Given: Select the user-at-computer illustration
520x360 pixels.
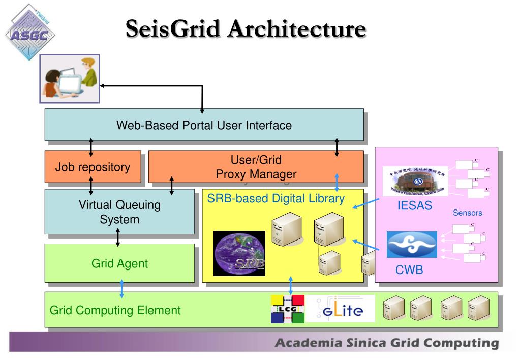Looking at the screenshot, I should point(70,78).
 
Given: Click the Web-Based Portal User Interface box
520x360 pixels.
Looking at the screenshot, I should point(204,125).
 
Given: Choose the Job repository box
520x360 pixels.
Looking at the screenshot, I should point(93,167).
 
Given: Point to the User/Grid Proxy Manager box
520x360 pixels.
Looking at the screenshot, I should point(256,167).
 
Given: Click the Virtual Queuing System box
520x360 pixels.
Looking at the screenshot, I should point(119,212).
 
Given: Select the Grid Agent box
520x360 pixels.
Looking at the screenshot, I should point(119,263).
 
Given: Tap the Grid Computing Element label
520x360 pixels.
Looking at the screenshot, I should point(115,310).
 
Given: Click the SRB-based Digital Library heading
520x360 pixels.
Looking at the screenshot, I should point(276,199).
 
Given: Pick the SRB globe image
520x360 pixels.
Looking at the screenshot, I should point(239,253).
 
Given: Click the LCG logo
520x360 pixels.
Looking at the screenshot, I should point(287,309).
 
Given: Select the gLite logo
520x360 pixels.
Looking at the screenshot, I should point(341,309).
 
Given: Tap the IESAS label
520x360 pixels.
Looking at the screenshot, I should point(414,206).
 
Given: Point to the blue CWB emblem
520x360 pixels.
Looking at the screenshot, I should point(412,245).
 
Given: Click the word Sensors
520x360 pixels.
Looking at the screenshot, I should point(467,213).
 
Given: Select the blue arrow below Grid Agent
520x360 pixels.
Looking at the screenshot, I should point(121,288).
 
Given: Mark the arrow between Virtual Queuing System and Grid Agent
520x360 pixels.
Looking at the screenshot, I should point(118,237).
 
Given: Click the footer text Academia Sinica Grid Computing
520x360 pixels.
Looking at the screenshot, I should point(386,343).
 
